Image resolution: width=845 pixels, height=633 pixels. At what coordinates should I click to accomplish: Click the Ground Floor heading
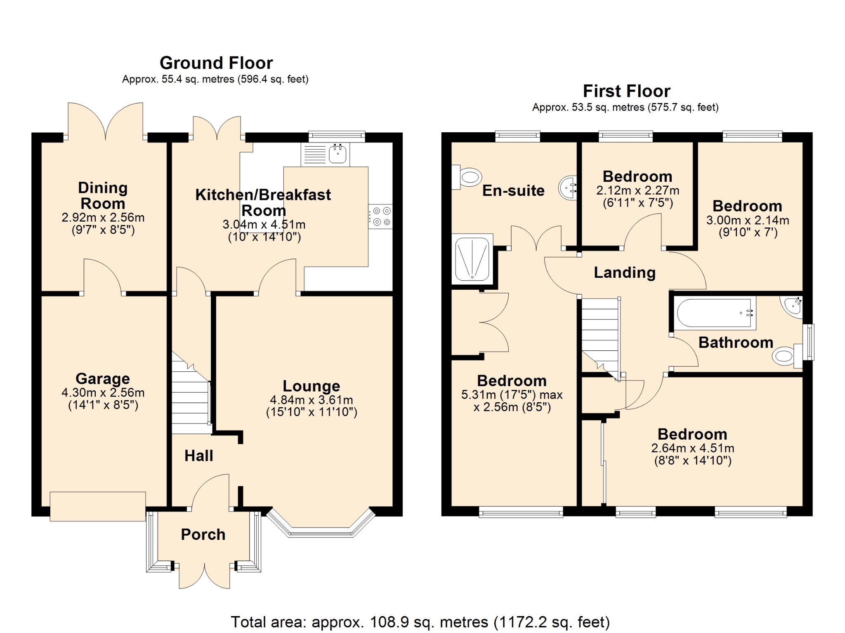(x=216, y=63)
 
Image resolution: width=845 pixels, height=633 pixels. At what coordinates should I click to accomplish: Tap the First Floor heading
(x=626, y=91)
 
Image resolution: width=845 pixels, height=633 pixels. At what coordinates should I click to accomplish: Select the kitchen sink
(x=326, y=155)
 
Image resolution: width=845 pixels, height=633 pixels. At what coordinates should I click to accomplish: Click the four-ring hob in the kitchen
(x=380, y=216)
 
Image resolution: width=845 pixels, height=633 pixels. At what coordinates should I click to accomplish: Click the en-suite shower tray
(x=472, y=259)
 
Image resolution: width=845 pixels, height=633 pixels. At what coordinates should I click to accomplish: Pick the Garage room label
(x=103, y=378)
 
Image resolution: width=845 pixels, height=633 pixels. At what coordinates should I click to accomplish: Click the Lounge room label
(x=312, y=386)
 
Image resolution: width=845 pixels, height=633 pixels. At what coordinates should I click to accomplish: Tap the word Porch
(x=203, y=535)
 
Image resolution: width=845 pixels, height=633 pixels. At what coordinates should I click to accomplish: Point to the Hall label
(x=199, y=456)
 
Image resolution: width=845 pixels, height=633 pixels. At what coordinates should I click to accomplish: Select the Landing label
(x=625, y=273)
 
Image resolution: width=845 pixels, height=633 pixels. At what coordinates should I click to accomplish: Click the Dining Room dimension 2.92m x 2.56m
(x=103, y=217)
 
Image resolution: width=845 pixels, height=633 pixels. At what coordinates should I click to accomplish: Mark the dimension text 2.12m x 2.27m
(x=638, y=190)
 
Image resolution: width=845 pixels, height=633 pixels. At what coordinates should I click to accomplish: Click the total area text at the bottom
(x=420, y=622)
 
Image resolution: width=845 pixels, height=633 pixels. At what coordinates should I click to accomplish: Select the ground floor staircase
(x=191, y=392)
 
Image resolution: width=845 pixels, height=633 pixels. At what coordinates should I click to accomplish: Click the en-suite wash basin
(x=567, y=188)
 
